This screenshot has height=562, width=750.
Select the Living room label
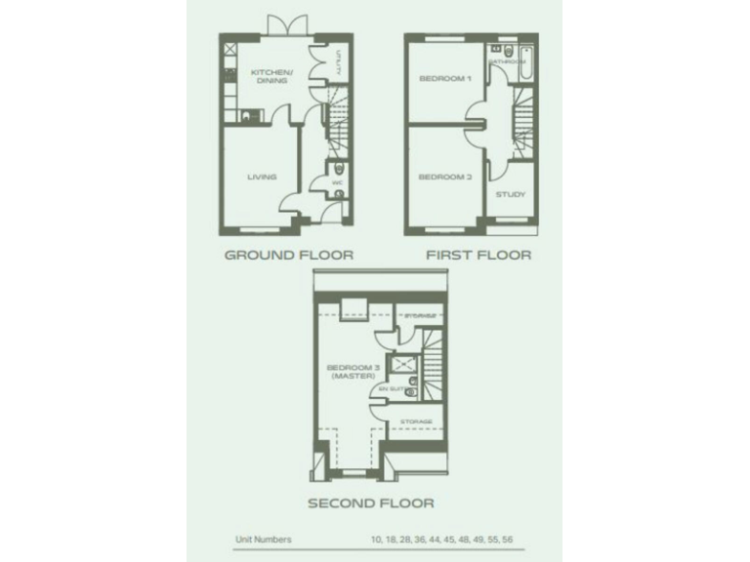coord(262,178)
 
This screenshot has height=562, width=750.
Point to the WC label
coord(336,182)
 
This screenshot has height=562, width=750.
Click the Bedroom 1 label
coord(444,78)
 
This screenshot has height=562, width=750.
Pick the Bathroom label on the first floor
coord(507,61)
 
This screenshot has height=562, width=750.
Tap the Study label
coord(510,194)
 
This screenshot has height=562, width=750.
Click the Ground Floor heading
coord(288,256)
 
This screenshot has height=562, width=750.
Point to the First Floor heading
coord(478,256)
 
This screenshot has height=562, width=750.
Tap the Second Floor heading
coord(371,504)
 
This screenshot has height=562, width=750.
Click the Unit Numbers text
coord(263,539)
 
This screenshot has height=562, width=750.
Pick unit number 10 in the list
coord(377,539)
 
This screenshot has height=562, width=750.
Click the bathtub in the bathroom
coord(527,64)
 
